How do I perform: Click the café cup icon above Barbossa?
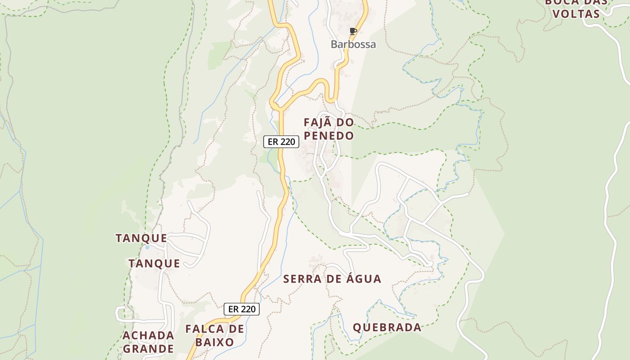(353, 31)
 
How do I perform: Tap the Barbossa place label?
(353, 44)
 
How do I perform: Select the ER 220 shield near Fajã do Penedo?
(281, 142)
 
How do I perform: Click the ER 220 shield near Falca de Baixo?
(242, 309)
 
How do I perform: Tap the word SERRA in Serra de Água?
(302, 279)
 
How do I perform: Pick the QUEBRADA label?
(387, 327)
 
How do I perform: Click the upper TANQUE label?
(141, 238)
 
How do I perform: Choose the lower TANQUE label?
(154, 263)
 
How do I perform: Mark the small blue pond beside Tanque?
(147, 247)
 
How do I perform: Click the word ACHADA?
(148, 335)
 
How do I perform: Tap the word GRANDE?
(148, 349)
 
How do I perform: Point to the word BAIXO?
(215, 342)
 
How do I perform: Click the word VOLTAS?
(576, 13)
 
